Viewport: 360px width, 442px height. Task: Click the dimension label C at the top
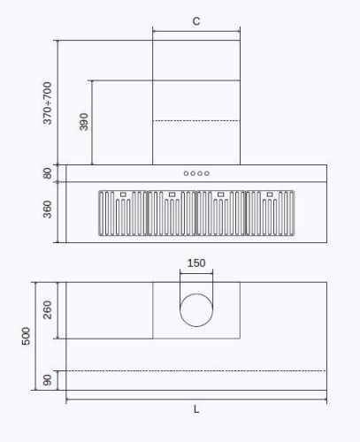[x=195, y=19]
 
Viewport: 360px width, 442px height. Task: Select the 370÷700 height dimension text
[x=48, y=103]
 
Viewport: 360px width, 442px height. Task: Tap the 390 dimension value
[x=84, y=122]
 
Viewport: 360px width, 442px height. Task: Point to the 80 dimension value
[x=48, y=173]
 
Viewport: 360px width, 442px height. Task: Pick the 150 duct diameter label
[x=195, y=263]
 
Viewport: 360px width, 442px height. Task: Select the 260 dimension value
[x=48, y=310]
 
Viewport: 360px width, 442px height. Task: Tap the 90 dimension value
[x=48, y=380]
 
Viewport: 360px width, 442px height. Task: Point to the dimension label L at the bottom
[x=195, y=408]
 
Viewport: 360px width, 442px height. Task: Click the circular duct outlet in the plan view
[x=195, y=310]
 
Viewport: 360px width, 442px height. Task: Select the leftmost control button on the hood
[x=186, y=173]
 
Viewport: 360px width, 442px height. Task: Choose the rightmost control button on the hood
[x=207, y=173]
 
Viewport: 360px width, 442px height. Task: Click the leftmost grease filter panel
[x=121, y=215]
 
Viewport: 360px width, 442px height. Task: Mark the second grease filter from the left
[x=171, y=215]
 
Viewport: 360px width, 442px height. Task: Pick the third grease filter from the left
[x=221, y=215]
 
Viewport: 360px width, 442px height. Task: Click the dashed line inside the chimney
[x=195, y=121]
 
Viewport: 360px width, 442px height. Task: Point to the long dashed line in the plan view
[x=195, y=371]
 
